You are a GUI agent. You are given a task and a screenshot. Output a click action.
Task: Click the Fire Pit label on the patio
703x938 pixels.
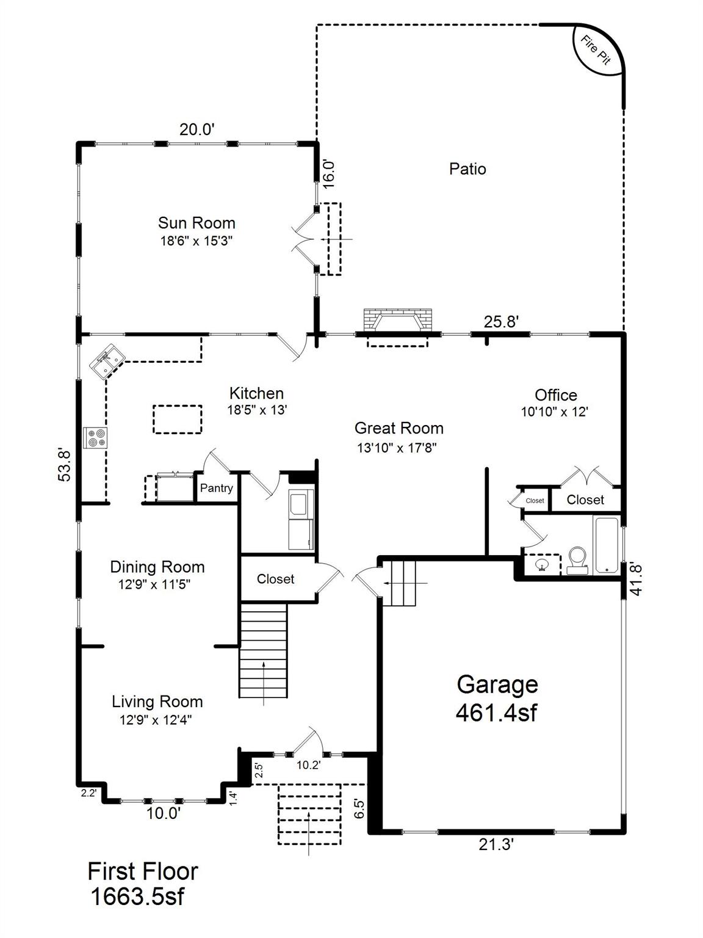pyautogui.click(x=596, y=50)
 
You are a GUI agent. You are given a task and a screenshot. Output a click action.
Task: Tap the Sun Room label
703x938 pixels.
pyautogui.click(x=196, y=223)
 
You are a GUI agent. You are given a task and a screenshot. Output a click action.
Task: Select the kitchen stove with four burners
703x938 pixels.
pyautogui.click(x=95, y=438)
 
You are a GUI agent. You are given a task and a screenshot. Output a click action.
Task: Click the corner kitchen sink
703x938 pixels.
pyautogui.click(x=106, y=361)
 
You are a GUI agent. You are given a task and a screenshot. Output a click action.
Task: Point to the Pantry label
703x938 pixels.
pyautogui.click(x=217, y=487)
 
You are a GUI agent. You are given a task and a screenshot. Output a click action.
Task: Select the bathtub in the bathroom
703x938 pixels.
pyautogui.click(x=606, y=545)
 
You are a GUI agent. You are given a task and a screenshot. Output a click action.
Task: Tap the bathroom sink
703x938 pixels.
pyautogui.click(x=542, y=565)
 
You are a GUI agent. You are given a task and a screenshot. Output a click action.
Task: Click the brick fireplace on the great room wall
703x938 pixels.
pyautogui.click(x=397, y=319)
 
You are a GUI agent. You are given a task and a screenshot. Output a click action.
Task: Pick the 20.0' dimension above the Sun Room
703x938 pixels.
pyautogui.click(x=196, y=129)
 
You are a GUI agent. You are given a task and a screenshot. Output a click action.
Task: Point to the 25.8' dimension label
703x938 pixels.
pyautogui.click(x=501, y=321)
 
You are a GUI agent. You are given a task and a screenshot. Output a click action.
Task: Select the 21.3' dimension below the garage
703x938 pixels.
pyautogui.click(x=496, y=845)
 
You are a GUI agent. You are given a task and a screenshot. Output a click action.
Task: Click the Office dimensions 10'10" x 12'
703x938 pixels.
pyautogui.click(x=555, y=412)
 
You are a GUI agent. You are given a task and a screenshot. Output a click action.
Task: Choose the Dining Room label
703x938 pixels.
pyautogui.click(x=157, y=567)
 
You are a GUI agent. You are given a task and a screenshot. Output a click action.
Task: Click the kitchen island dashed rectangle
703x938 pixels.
pyautogui.click(x=177, y=419)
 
